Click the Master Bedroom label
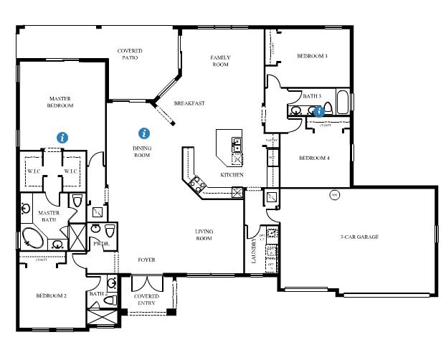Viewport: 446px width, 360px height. (x=61, y=102)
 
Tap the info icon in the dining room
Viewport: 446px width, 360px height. (x=144, y=133)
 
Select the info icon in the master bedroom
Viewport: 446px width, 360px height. (x=63, y=136)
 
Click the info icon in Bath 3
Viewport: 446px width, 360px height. (x=319, y=111)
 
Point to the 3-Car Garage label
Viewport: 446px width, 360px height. (x=359, y=237)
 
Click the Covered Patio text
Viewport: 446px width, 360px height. (x=130, y=55)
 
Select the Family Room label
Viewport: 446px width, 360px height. (x=219, y=60)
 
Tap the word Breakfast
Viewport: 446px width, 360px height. (x=189, y=103)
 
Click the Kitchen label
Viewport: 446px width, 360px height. (x=232, y=175)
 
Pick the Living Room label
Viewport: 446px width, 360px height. (x=204, y=235)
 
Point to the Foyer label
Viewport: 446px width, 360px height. (x=146, y=260)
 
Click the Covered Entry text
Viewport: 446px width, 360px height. (x=147, y=299)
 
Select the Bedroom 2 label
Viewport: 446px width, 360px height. (x=52, y=295)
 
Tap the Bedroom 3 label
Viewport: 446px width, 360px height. (x=313, y=56)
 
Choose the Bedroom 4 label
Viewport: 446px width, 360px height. (x=314, y=158)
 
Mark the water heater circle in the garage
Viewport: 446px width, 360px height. (x=333, y=194)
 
